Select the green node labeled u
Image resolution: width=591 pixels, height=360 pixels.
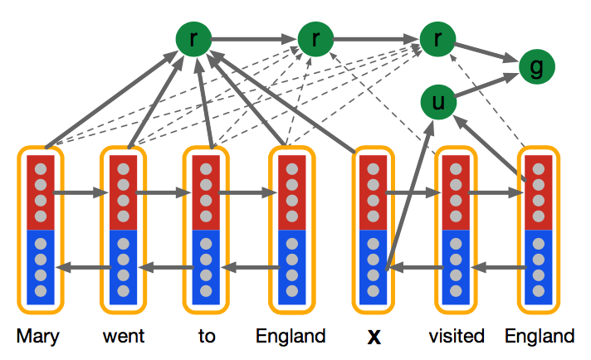tap(438, 102)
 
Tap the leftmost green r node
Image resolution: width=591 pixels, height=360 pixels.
tap(193, 37)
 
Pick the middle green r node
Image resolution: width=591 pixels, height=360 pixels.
tap(315, 37)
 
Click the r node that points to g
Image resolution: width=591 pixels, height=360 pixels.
tap(437, 37)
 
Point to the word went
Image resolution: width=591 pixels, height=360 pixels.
tap(124, 337)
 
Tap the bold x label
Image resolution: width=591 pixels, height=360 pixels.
tap(374, 338)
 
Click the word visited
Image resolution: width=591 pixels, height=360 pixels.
tap(457, 337)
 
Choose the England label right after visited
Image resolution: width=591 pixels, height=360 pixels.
tap(540, 337)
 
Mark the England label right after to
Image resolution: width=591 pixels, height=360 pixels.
tap(290, 337)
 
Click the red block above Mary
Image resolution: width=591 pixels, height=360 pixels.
tap(40, 192)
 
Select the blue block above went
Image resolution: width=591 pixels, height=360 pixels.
tap(122, 266)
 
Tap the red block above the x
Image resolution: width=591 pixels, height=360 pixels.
tap(373, 192)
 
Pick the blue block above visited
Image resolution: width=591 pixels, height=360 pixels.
tap(455, 266)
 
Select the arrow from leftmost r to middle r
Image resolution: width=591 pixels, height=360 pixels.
tap(253, 37)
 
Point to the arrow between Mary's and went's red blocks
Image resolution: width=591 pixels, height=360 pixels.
tap(81, 193)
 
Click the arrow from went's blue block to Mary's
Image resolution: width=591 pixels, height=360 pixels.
tap(81, 267)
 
